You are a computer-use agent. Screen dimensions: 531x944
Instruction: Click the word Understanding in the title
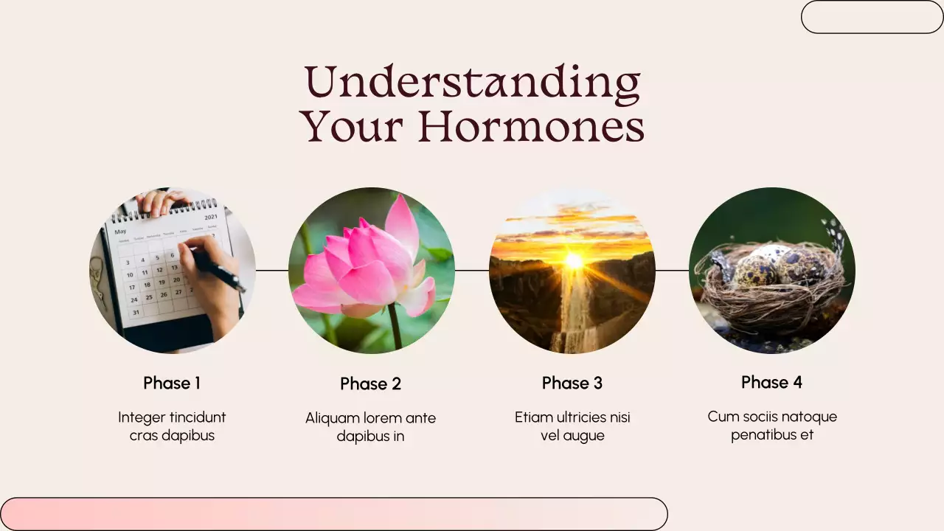[x=472, y=83]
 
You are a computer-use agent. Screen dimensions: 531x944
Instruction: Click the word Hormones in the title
[x=531, y=127]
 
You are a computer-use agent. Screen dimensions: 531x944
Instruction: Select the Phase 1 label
[x=172, y=383]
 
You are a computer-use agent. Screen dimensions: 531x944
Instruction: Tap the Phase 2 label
[x=370, y=383]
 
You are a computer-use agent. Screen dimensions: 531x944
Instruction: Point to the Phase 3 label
[x=572, y=383]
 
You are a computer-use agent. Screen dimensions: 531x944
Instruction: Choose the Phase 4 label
[x=771, y=382]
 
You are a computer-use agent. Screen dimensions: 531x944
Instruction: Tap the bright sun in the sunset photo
[x=573, y=260]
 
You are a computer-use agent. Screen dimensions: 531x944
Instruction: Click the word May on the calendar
[x=120, y=232]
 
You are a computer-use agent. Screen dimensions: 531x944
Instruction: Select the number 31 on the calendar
[x=136, y=312]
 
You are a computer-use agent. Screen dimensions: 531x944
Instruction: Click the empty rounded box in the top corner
[x=872, y=17]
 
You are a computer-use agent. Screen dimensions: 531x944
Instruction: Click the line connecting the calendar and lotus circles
[x=272, y=270]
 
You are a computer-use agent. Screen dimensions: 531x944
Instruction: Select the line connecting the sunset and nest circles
[x=672, y=270]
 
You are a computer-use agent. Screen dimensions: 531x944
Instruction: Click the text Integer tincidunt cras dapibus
[x=172, y=426]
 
